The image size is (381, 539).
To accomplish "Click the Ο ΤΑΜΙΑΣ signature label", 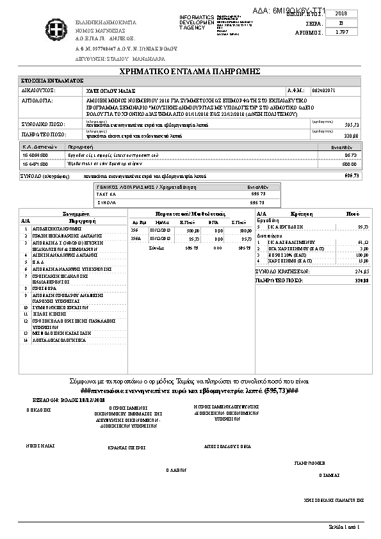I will click(328, 476).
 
